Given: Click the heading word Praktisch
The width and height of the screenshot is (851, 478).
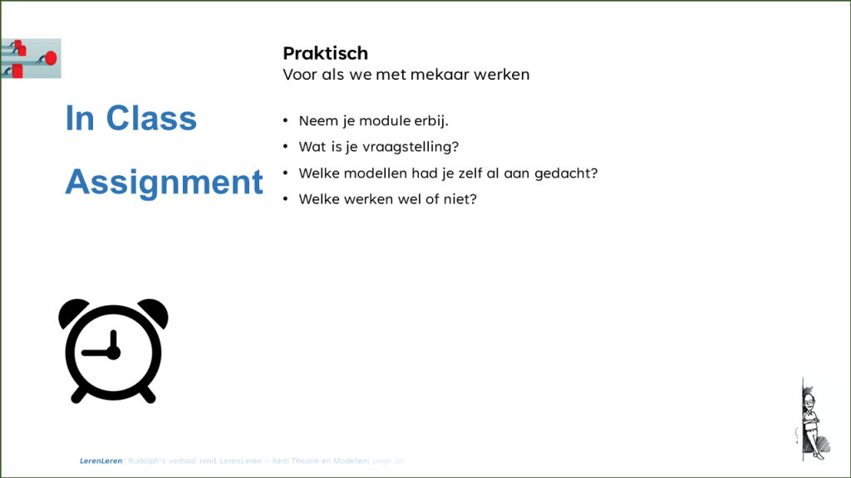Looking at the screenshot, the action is (x=325, y=53).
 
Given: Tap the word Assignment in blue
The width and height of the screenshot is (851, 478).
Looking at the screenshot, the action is (x=164, y=182).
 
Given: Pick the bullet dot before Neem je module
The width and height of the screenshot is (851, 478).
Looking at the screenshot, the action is (x=286, y=121).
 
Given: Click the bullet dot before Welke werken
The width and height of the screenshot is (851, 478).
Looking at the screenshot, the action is (x=286, y=200).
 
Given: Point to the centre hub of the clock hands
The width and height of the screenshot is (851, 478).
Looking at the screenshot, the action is (x=114, y=353).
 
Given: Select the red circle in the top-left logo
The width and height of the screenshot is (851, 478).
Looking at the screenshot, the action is (x=50, y=57).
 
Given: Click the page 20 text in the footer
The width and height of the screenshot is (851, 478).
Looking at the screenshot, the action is (x=388, y=461).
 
